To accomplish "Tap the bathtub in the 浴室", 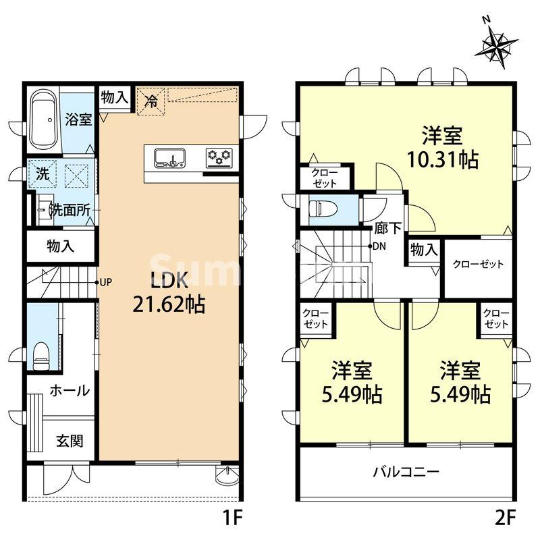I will pyautogui.click(x=45, y=120).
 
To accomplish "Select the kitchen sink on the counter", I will pyautogui.click(x=169, y=159).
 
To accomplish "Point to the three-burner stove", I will pyautogui.click(x=219, y=158).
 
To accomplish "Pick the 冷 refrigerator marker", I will pyautogui.click(x=152, y=103).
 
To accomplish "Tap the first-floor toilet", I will pyautogui.click(x=43, y=354).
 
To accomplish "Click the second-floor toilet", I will pyautogui.click(x=317, y=209).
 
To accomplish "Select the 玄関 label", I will pyautogui.click(x=70, y=442).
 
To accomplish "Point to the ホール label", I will pyautogui.click(x=70, y=391).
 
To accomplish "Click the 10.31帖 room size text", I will pyautogui.click(x=443, y=161).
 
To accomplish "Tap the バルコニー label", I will pyautogui.click(x=406, y=471).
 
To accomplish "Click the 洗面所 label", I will pyautogui.click(x=71, y=210).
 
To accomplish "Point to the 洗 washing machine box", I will pyautogui.click(x=42, y=173).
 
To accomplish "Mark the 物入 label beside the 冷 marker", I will pyautogui.click(x=114, y=97).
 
